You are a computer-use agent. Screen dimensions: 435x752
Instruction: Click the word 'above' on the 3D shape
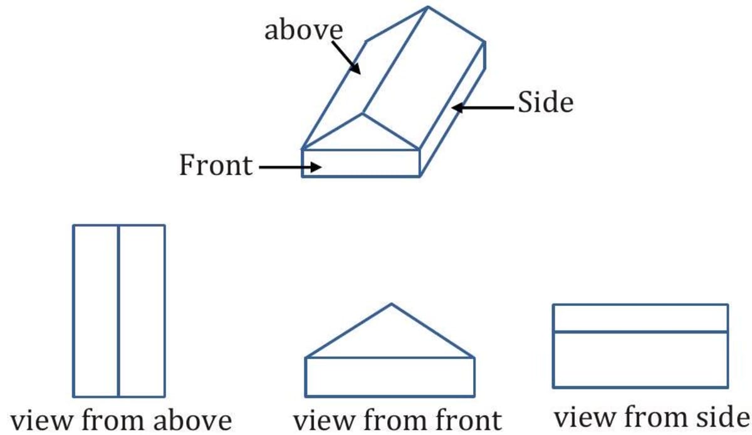coord(303,30)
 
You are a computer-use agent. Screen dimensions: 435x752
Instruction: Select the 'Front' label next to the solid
coord(216,165)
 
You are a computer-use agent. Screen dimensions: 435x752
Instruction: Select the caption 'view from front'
coord(397,420)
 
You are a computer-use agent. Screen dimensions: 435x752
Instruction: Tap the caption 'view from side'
coord(652,417)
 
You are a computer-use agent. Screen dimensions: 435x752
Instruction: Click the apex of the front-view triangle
coord(392,305)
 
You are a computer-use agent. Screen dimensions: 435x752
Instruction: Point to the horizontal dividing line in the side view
coord(640,331)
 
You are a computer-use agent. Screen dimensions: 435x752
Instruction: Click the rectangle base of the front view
coord(389,377)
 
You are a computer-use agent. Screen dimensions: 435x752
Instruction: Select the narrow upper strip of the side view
coord(640,318)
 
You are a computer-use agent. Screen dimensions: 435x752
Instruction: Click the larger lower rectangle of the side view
coord(640,359)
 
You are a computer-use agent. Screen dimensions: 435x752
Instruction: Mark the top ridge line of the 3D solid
coord(395,61)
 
